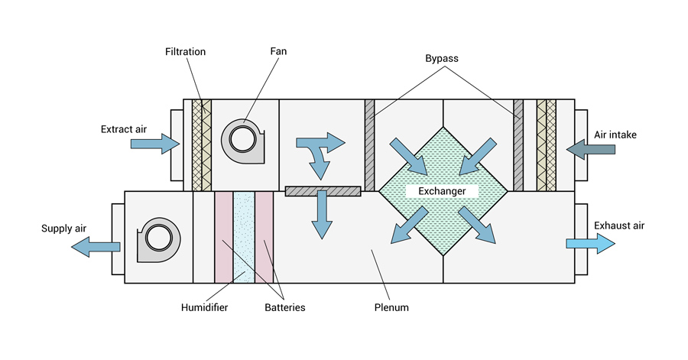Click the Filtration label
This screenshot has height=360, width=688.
tap(185, 52)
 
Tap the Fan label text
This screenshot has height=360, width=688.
tap(278, 51)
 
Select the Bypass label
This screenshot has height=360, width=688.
tap(441, 59)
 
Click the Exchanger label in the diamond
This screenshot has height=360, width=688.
tap(442, 191)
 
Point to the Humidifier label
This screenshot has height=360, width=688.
tap(204, 307)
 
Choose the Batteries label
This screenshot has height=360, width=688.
tap(285, 307)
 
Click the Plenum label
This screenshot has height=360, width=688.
tap(391, 307)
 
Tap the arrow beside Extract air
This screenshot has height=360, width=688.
tap(155, 144)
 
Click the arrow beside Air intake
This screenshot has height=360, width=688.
tap(591, 150)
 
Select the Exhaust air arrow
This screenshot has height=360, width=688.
tap(591, 243)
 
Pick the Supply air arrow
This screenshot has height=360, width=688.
tap(96, 247)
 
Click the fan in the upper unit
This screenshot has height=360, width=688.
tap(242, 141)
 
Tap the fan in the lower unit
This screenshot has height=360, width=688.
tap(159, 239)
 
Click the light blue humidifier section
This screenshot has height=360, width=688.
tap(244, 237)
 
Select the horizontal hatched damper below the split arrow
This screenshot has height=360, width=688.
tap(323, 191)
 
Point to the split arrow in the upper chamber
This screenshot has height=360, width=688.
tap(321, 151)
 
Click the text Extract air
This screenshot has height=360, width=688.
tap(124, 129)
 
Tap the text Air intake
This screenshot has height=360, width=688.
tap(615, 135)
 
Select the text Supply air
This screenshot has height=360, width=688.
tap(64, 229)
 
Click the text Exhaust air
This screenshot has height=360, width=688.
tap(619, 225)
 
